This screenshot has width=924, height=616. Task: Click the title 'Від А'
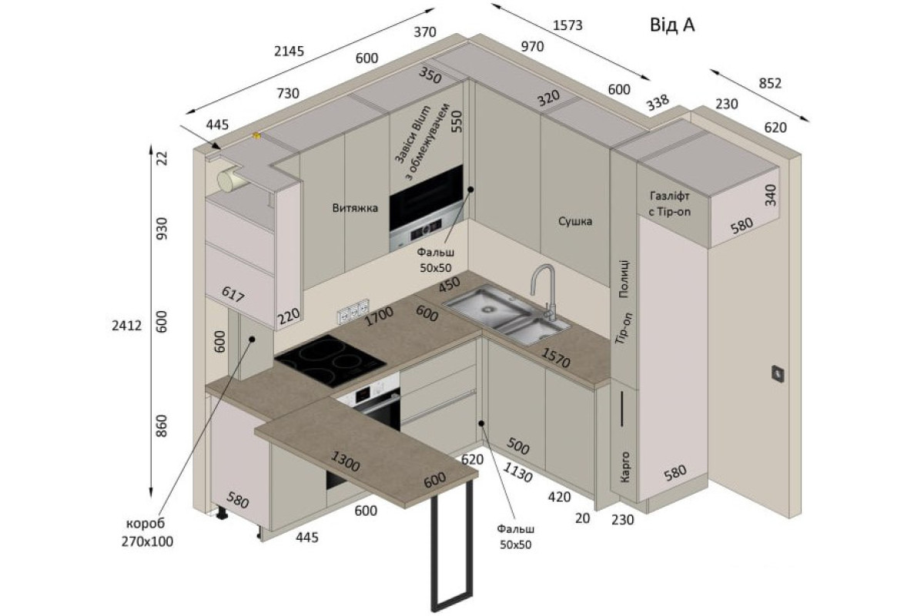(672, 25)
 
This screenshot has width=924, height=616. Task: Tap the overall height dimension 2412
(126, 326)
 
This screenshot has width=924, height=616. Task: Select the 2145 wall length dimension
(290, 52)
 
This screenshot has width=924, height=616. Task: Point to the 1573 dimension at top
(567, 25)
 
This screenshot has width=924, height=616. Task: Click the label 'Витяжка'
(355, 208)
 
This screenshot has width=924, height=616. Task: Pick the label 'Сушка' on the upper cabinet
(575, 222)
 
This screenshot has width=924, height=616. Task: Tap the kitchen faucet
(544, 292)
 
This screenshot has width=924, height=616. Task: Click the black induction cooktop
(331, 360)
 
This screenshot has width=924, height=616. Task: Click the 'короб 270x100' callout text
(147, 532)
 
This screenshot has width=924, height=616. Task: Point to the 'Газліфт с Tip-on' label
(669, 204)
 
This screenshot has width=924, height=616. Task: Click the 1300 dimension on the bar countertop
(346, 461)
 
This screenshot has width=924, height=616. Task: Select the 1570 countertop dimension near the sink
(556, 358)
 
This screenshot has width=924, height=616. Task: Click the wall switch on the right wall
(778, 374)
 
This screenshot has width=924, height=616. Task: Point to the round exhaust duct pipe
(229, 180)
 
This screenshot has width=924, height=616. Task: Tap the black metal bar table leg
(452, 544)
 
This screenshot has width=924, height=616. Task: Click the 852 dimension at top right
(770, 84)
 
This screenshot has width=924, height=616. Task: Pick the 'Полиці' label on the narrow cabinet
(624, 279)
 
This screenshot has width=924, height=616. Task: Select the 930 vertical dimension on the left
(163, 229)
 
